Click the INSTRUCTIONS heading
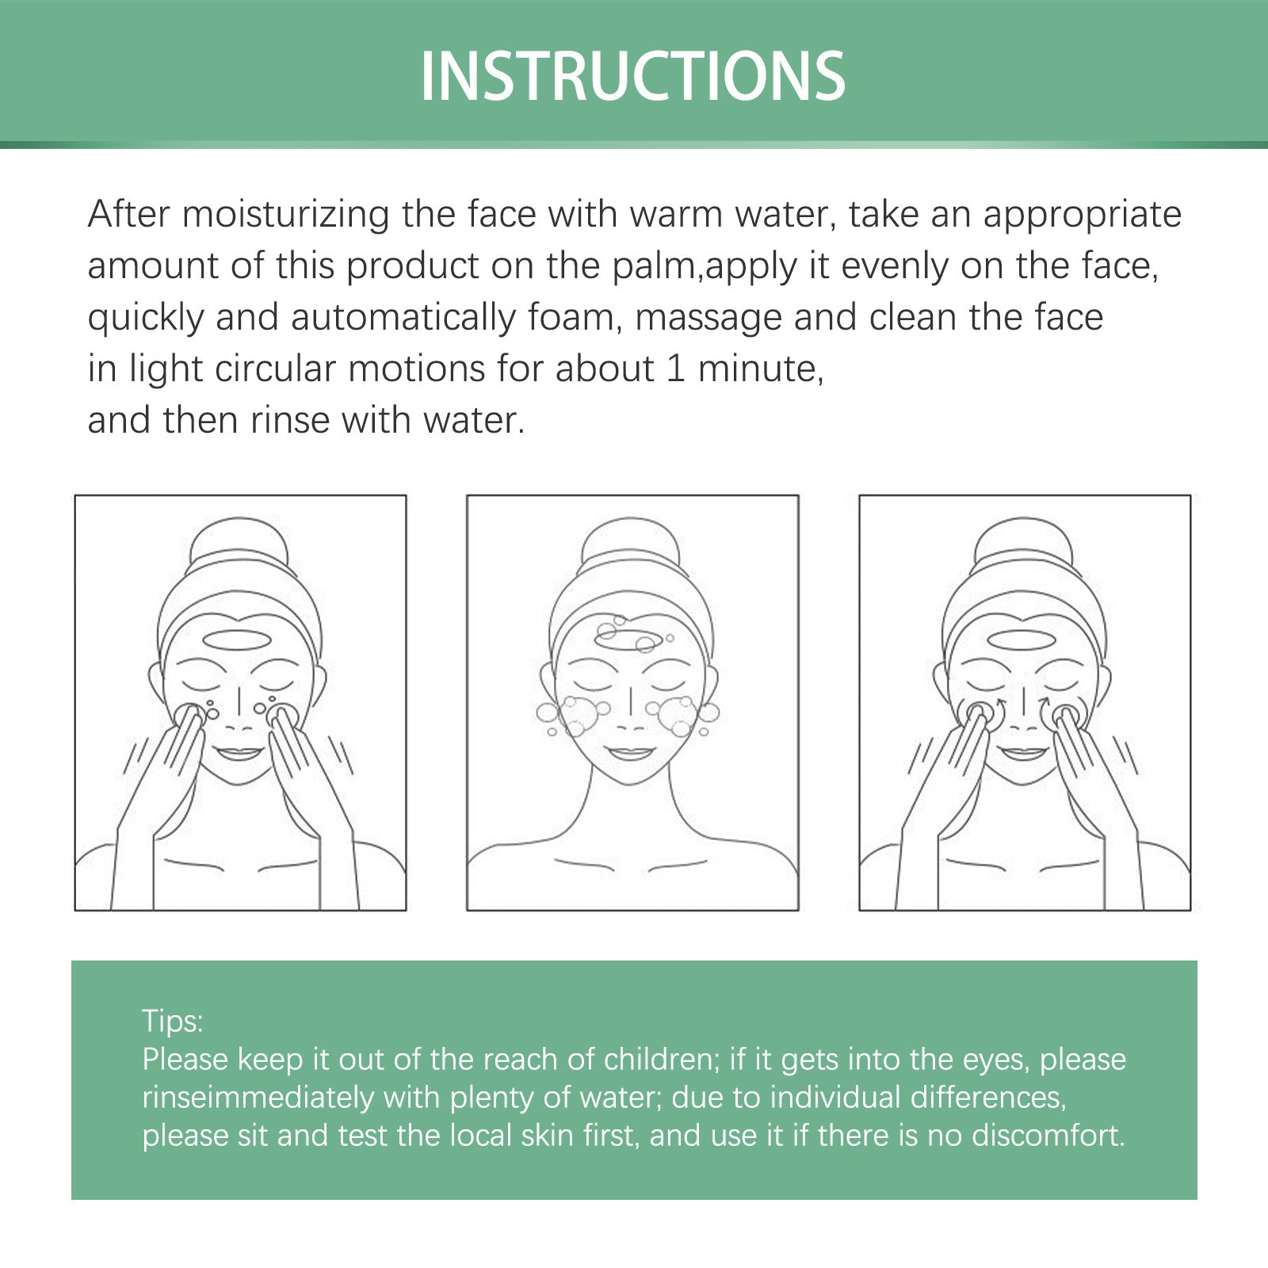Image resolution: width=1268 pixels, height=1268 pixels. (632, 76)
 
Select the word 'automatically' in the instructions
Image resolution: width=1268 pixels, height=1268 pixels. (403, 318)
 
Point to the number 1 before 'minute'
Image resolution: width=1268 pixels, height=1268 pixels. (675, 369)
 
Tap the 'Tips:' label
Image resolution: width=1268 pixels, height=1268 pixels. (173, 1021)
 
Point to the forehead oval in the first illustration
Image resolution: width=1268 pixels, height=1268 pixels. (237, 640)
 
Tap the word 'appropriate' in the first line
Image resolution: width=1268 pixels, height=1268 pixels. (1082, 215)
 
